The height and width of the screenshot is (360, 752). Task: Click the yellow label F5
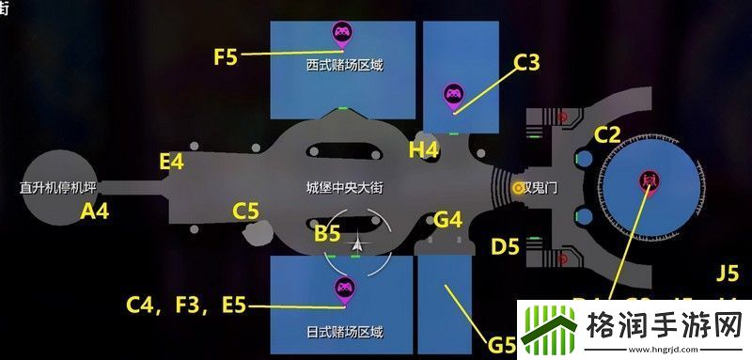(x=226, y=56)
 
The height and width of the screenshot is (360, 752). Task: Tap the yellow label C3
(x=527, y=64)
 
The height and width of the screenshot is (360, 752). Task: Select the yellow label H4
(x=424, y=149)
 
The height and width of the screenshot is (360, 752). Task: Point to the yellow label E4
(x=172, y=163)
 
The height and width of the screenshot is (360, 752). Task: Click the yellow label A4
(x=95, y=212)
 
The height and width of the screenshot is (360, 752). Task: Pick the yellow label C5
(x=246, y=212)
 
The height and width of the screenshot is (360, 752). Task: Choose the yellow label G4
(x=448, y=221)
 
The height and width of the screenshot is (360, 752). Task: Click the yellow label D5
(x=506, y=248)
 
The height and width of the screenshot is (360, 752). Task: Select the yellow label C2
(x=608, y=135)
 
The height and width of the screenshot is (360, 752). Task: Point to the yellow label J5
(x=728, y=274)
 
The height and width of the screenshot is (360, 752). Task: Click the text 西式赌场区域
(x=345, y=67)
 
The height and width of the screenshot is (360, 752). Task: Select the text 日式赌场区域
(x=345, y=332)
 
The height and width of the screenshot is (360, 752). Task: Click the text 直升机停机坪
(x=58, y=188)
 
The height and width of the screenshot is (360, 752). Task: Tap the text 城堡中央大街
(x=345, y=188)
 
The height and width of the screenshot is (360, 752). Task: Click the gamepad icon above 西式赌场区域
(x=341, y=35)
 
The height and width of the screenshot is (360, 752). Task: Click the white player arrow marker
(x=357, y=245)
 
